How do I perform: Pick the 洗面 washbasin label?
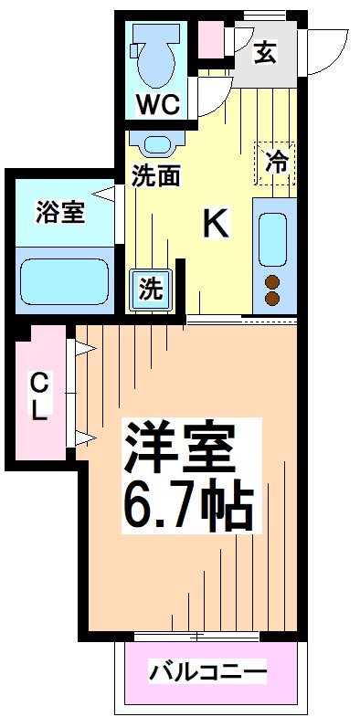pyautogui.click(x=155, y=176)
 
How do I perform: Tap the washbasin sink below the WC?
pyautogui.click(x=157, y=143)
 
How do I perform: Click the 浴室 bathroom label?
pyautogui.click(x=60, y=212)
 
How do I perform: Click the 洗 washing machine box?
pyautogui.click(x=151, y=290)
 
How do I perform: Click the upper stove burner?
pyautogui.click(x=272, y=281)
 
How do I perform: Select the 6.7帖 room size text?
pyautogui.click(x=190, y=504)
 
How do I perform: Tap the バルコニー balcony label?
pyautogui.click(x=209, y=674)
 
